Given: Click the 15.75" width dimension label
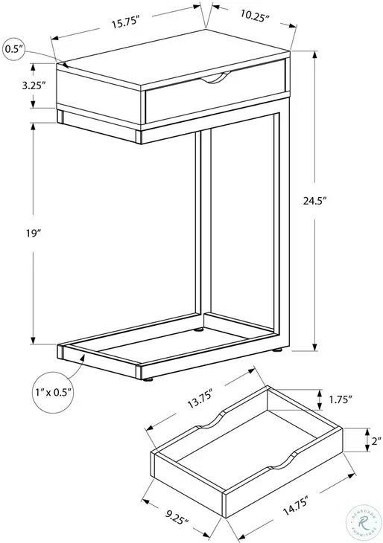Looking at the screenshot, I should coord(127,23).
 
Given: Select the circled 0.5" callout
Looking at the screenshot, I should coord(15,49).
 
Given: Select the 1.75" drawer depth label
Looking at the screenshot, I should coord(340,399).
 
